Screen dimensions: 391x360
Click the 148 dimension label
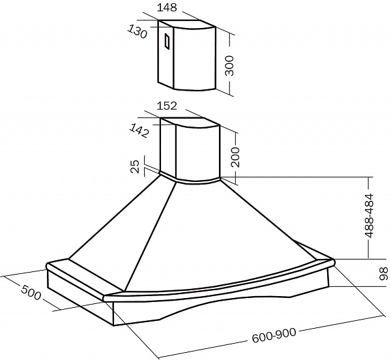[x=167, y=7]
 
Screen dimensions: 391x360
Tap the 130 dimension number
[x=137, y=32]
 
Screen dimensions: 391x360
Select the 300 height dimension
[x=229, y=66]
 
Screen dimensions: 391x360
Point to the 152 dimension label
[x=167, y=106]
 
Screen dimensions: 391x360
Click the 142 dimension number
[x=139, y=130]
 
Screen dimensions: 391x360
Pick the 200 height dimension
[x=235, y=157]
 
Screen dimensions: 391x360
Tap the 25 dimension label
[x=135, y=166]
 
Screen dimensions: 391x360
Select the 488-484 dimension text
[x=369, y=215]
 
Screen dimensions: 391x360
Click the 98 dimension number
[x=384, y=273]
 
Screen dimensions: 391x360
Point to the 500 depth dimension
[x=31, y=292]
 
